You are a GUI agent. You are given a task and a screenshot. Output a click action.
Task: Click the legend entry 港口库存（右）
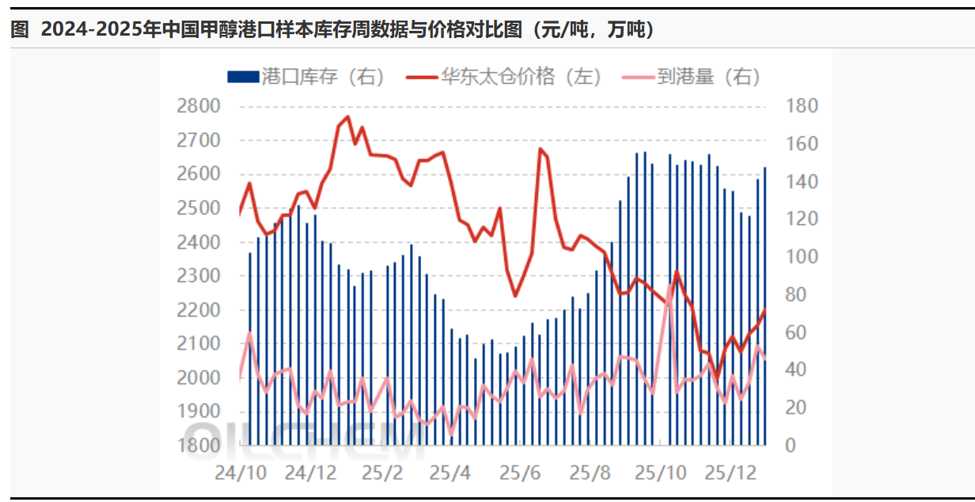(x=305, y=77)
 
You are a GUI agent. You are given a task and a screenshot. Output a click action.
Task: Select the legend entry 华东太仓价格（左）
(x=504, y=77)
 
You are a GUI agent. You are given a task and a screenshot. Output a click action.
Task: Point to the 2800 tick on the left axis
(x=198, y=106)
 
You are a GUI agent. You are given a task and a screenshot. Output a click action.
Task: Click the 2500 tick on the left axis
(x=198, y=208)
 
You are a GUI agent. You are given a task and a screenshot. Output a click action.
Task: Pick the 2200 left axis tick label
(x=198, y=310)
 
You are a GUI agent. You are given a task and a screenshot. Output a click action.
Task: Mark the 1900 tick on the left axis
(x=198, y=412)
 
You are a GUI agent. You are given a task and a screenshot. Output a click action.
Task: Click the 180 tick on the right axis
(x=802, y=106)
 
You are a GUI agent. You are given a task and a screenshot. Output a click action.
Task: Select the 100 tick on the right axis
(x=802, y=257)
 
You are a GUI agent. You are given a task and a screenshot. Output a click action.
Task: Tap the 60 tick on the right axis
(x=798, y=333)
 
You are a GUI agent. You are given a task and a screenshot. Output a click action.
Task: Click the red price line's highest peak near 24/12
(x=347, y=117)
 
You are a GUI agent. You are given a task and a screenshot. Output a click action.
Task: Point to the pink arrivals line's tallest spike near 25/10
(x=670, y=284)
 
